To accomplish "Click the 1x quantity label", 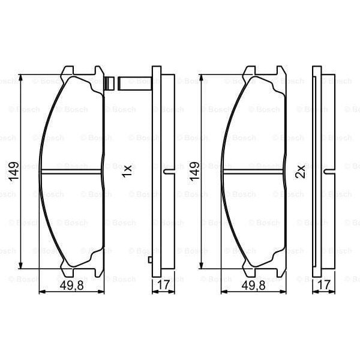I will tap(126, 172).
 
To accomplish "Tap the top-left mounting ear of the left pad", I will tap(67, 70).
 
